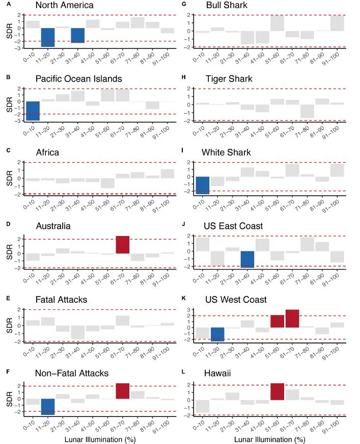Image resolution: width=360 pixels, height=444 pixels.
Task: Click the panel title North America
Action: point(64,6)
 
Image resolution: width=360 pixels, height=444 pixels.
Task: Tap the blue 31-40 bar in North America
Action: point(78,35)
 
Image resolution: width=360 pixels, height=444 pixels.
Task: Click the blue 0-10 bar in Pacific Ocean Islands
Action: point(33,111)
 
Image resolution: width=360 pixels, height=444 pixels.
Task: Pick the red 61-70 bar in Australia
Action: point(123,245)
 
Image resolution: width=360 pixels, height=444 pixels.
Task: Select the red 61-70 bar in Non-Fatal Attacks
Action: point(123,391)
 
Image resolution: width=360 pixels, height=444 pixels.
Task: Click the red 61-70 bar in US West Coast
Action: point(292,318)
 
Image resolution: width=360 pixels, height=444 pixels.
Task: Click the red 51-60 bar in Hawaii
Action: point(278,391)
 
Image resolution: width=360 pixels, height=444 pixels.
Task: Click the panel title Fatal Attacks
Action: point(63,300)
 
